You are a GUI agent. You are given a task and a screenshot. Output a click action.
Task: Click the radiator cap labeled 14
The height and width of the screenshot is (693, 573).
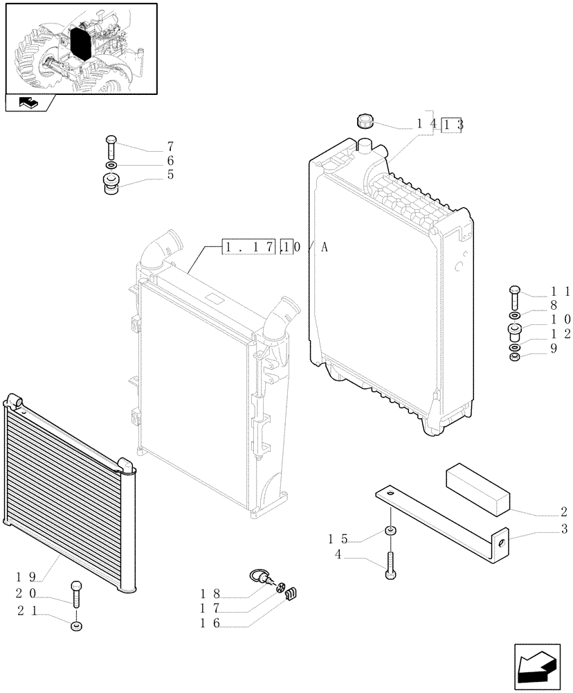tap(364, 122)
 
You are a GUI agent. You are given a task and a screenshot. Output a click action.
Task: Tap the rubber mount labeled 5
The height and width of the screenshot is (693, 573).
tap(111, 184)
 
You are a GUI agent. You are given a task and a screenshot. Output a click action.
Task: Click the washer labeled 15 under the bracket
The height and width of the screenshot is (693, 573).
tap(391, 532)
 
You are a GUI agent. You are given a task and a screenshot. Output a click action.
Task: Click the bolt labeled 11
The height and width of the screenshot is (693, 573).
tap(514, 296)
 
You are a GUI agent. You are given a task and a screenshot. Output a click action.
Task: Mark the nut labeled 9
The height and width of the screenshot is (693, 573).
tap(514, 358)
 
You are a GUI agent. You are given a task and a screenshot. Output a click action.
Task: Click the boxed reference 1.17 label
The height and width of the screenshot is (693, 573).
tap(249, 247)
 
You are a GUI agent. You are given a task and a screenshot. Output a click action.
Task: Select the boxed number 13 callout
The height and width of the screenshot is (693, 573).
tap(451, 125)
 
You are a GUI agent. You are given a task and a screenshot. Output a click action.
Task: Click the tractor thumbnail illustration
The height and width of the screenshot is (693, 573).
tap(80, 48)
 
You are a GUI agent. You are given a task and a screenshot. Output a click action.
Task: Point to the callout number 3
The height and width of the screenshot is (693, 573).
tap(563, 530)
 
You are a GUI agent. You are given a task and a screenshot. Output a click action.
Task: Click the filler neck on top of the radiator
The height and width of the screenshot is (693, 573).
tap(365, 146)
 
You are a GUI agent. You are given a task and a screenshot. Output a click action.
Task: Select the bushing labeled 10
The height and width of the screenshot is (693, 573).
tap(514, 330)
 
